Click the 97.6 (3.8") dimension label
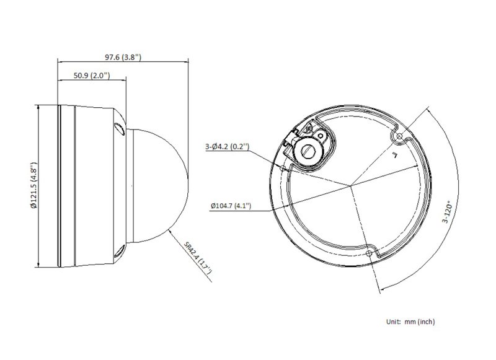click(123, 57)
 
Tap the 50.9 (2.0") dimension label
click(92, 76)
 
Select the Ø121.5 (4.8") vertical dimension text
click(34, 185)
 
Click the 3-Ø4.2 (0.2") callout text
click(227, 147)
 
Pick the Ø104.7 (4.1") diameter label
click(231, 206)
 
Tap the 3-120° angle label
click(448, 213)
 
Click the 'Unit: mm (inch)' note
click(410, 322)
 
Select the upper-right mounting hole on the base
click(399, 136)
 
